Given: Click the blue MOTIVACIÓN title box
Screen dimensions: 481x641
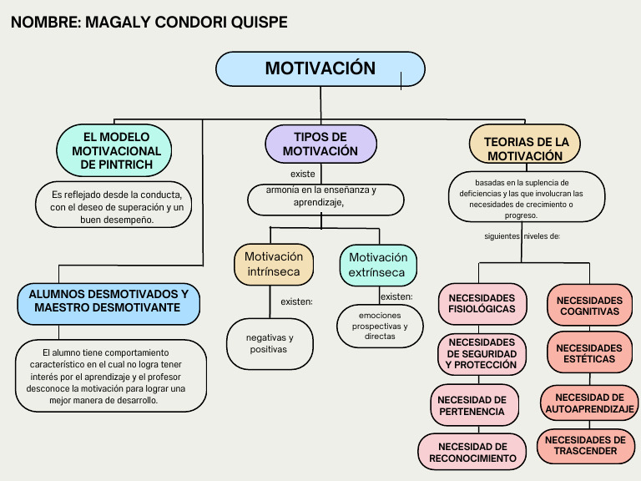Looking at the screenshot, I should (320, 68).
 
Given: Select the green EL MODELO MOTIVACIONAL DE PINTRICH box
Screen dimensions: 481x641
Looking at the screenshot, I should (114, 150).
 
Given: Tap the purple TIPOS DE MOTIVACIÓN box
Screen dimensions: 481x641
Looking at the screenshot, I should (320, 144).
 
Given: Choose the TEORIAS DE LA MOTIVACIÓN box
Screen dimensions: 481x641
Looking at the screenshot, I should (526, 148).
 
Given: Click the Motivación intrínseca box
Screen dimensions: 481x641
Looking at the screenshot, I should (274, 264).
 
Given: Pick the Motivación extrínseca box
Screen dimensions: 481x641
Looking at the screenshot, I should (378, 265).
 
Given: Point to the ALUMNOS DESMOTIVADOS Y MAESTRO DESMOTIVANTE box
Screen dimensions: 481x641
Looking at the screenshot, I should (109, 301).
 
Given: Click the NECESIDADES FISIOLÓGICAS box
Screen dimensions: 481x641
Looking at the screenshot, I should (482, 303).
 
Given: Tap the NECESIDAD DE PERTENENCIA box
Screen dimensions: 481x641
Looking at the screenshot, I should (472, 405).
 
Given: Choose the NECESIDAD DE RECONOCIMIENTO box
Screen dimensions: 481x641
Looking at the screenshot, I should (472, 452).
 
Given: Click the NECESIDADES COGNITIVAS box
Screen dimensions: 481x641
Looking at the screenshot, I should (589, 306).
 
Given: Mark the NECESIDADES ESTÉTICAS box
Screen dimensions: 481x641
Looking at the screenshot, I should (589, 353).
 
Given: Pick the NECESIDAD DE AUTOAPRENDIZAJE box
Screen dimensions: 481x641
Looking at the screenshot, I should (589, 403).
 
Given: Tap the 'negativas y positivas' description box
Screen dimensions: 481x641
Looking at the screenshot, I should (270, 343).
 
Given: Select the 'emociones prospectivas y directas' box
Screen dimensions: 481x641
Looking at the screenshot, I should (380, 326).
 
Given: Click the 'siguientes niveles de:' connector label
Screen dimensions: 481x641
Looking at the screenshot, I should (522, 236).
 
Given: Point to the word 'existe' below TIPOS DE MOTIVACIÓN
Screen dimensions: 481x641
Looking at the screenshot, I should (302, 174).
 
